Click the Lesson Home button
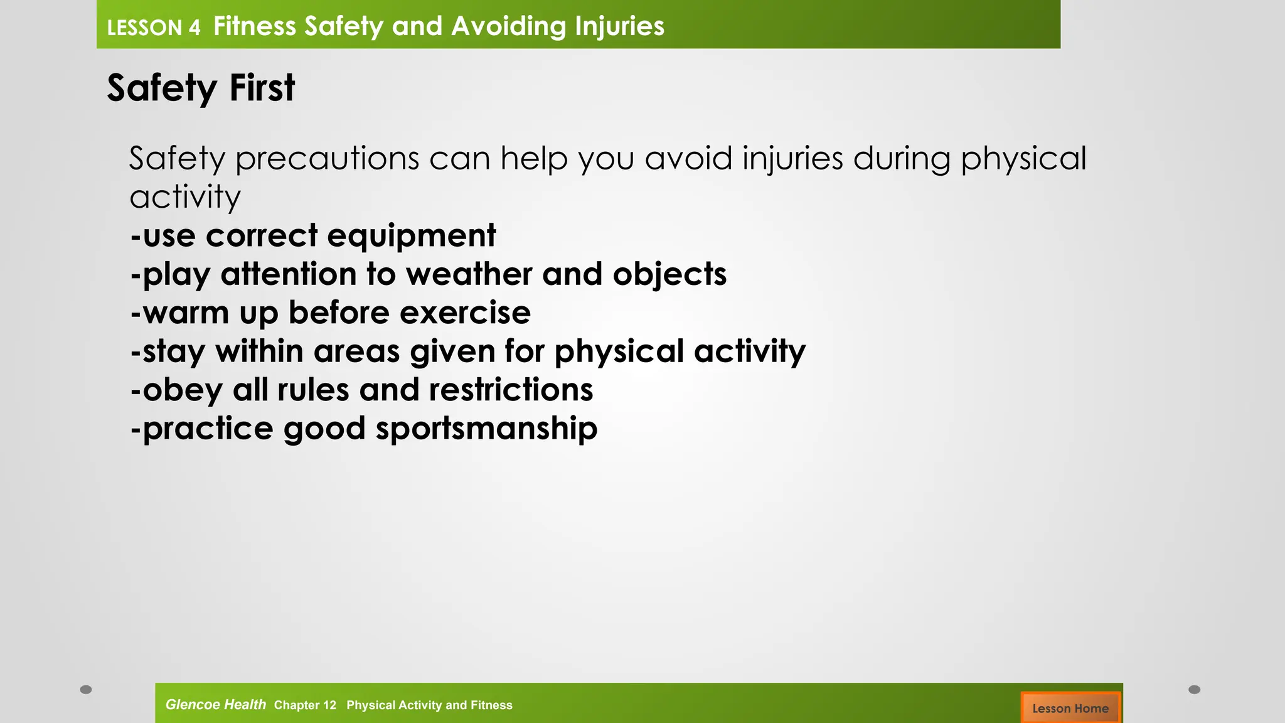click(1070, 708)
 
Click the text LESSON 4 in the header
click(153, 28)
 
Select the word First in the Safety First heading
click(262, 88)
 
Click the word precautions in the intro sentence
click(327, 159)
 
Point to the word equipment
click(411, 237)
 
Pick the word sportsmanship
click(486, 429)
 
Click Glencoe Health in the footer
click(215, 705)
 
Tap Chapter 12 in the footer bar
click(305, 705)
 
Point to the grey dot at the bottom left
click(86, 690)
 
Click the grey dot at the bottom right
click(1194, 690)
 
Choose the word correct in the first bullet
click(262, 237)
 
